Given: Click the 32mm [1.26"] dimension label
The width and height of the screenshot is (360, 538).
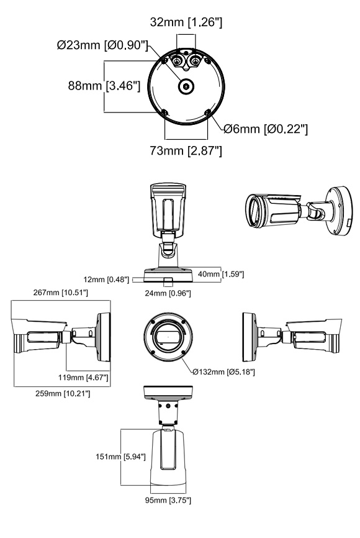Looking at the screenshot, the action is [x=186, y=22].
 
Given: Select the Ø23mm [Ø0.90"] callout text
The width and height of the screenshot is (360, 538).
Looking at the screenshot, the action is [x=102, y=45].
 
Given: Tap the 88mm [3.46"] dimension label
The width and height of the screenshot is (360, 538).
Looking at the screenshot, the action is [x=104, y=85].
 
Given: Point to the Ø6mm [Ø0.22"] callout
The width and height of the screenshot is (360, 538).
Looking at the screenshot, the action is [x=266, y=129].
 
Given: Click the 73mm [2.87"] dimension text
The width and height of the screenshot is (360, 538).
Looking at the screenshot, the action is [x=186, y=150].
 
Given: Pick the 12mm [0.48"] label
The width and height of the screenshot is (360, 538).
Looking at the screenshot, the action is [x=106, y=280].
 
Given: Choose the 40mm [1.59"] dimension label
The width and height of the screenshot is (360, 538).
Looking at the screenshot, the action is [x=221, y=274].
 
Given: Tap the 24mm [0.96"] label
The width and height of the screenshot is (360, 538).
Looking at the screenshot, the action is [x=168, y=293].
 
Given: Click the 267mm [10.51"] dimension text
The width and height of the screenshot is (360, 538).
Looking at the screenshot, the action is [x=61, y=293].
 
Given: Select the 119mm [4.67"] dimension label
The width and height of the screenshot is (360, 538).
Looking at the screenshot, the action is [x=83, y=378].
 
